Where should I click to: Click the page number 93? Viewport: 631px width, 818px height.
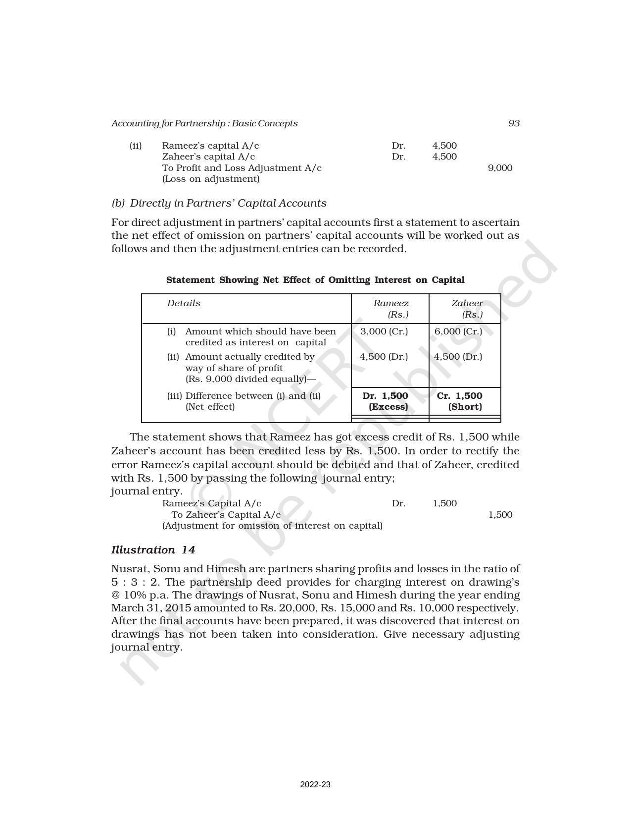click(x=514, y=123)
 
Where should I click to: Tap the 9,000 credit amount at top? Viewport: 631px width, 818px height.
click(x=500, y=168)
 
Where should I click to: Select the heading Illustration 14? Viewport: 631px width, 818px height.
click(x=153, y=550)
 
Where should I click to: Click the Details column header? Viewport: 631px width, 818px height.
click(x=184, y=303)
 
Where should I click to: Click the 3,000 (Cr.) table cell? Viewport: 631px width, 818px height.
click(x=384, y=331)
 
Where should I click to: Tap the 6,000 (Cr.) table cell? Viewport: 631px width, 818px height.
click(x=458, y=331)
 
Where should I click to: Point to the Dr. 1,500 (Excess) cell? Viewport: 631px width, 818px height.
click(x=386, y=401)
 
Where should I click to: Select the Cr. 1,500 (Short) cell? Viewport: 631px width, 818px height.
click(x=460, y=401)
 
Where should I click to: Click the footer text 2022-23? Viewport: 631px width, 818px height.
click(x=315, y=785)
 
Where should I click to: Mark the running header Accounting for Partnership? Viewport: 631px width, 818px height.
click(x=204, y=123)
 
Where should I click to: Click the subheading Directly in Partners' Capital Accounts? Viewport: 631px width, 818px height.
click(x=219, y=203)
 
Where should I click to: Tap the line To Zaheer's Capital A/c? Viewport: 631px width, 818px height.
click(x=226, y=515)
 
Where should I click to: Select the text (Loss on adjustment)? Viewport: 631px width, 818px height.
click(x=211, y=179)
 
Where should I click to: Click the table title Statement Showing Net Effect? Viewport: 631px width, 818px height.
click(x=315, y=280)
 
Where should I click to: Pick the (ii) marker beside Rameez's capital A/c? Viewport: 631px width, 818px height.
click(x=136, y=146)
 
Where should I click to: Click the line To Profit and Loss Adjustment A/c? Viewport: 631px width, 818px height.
click(x=242, y=168)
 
